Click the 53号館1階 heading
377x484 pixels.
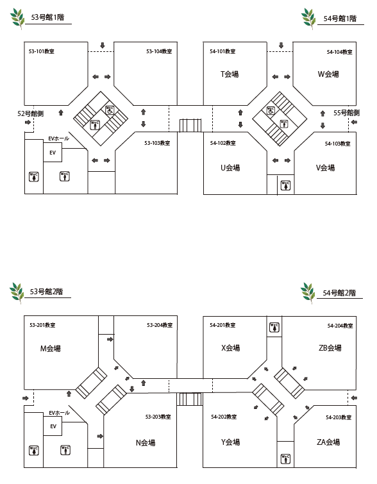47,17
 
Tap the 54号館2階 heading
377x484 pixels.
339,292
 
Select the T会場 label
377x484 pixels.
230,74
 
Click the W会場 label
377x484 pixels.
328,74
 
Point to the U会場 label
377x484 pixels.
230,167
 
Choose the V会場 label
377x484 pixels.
326,167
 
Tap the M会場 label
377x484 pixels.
50,349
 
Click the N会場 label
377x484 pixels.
146,442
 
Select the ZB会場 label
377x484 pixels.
330,348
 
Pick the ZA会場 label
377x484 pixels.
328,442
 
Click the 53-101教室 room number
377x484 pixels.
42,51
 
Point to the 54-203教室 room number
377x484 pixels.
339,417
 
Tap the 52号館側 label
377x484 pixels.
30,113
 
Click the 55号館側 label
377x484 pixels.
346,113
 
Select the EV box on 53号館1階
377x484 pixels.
53,153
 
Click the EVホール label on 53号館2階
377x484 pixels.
59,413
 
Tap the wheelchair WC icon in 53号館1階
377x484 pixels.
110,110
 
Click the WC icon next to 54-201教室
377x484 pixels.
274,327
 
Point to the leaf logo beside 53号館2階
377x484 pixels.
17,292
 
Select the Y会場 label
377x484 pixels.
230,442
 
